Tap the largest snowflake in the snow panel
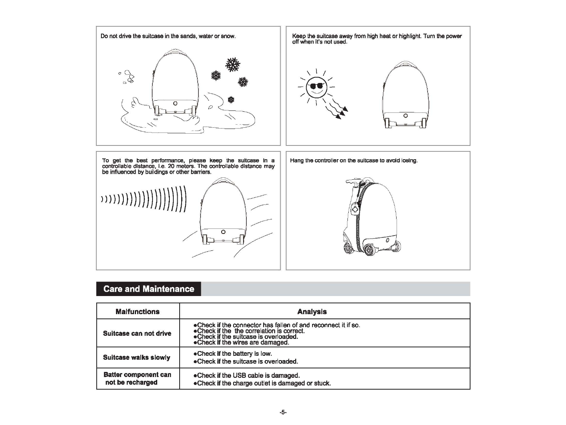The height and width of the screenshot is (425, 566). (233, 65)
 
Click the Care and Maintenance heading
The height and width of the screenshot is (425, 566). (149, 289)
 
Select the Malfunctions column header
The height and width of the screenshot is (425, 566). (138, 312)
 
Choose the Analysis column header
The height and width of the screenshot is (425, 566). (312, 312)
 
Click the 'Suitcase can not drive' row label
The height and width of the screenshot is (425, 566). (137, 333)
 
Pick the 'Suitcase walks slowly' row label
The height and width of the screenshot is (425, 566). (136, 357)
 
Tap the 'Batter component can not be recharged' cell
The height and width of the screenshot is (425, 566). (137, 379)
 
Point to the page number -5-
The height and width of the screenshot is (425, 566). (283, 412)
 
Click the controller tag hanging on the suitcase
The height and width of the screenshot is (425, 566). (355, 208)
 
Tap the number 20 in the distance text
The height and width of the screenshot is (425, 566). (171, 166)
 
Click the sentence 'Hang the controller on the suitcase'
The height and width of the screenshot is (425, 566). (354, 160)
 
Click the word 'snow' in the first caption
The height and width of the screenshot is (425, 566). (228, 36)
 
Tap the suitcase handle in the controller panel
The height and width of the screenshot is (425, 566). (353, 181)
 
